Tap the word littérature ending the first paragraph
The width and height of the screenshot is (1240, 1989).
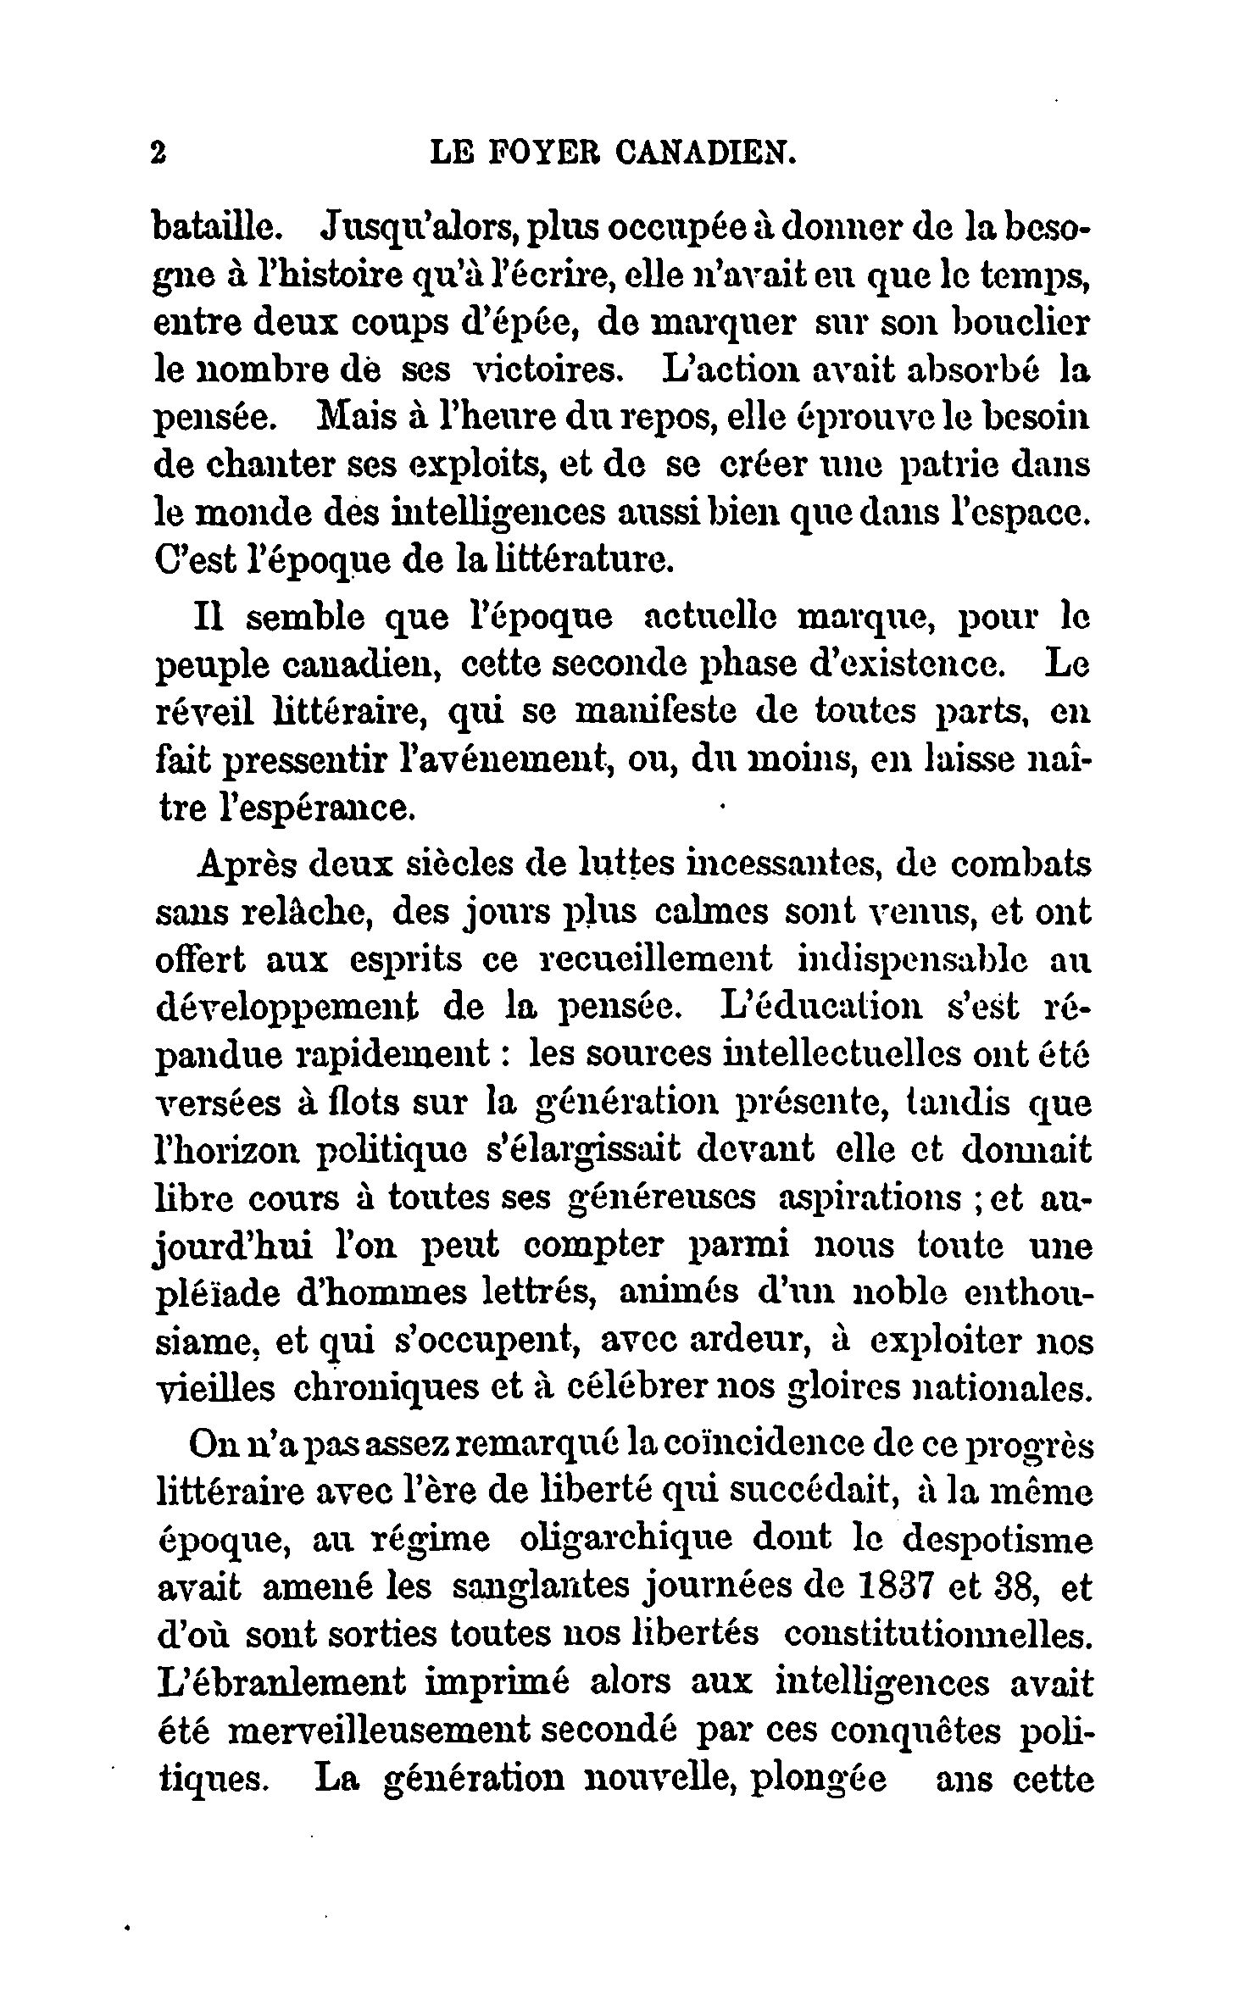561,561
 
